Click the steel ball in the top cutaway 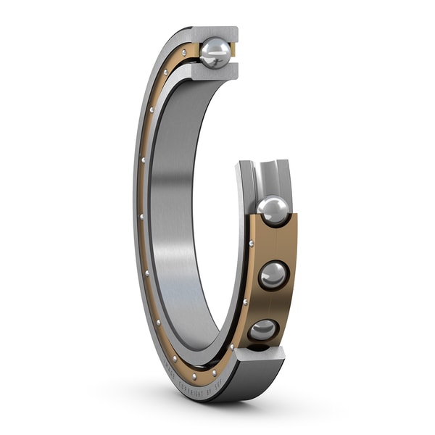[215, 52]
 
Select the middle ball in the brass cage [273, 275]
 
